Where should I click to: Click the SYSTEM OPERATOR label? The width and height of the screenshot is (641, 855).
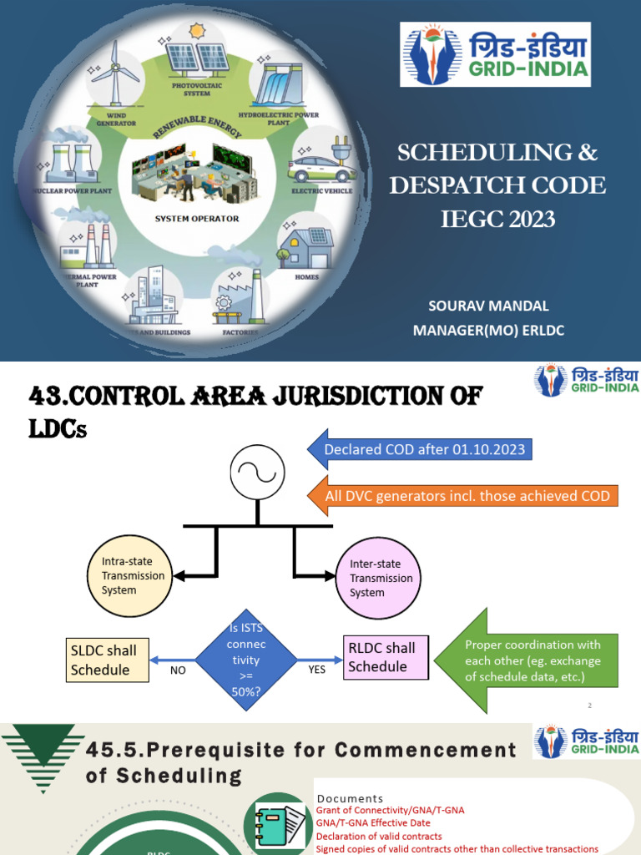tap(197, 219)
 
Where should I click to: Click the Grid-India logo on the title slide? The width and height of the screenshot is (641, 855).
tap(495, 54)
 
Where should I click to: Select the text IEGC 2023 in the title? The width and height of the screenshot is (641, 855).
tap(497, 219)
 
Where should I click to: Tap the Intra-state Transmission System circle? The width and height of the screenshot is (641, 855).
tap(129, 575)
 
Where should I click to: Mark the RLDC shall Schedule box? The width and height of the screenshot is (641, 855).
tap(386, 656)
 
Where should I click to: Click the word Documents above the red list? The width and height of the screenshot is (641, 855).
tap(351, 799)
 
